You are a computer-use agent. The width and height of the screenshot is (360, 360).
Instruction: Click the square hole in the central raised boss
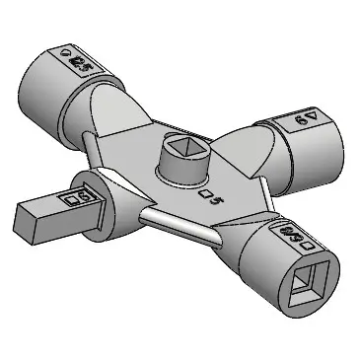point(183,147)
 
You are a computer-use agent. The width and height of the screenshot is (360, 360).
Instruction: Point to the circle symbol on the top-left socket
point(65,54)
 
